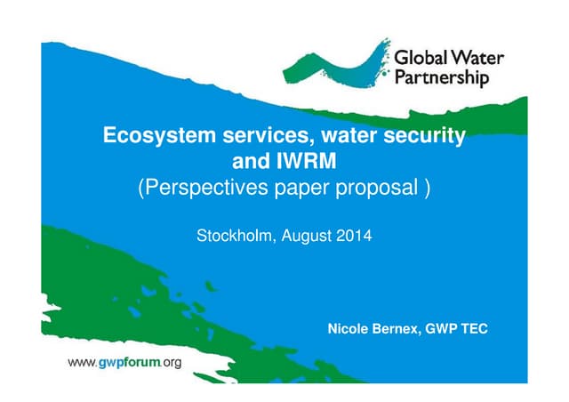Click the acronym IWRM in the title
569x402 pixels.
(311, 162)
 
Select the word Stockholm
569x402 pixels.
(233, 237)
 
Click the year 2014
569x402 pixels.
(353, 237)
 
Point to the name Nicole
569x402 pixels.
(350, 330)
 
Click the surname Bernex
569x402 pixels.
(399, 330)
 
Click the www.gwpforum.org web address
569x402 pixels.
(125, 362)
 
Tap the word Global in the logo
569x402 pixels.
(421, 60)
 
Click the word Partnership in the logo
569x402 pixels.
(441, 78)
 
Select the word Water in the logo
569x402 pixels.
(478, 60)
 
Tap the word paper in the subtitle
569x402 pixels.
(307, 189)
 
